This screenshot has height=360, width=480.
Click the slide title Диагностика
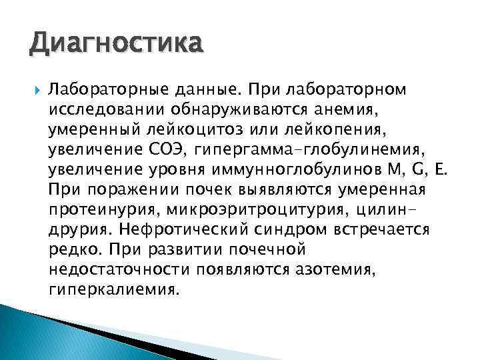[x=114, y=45]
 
